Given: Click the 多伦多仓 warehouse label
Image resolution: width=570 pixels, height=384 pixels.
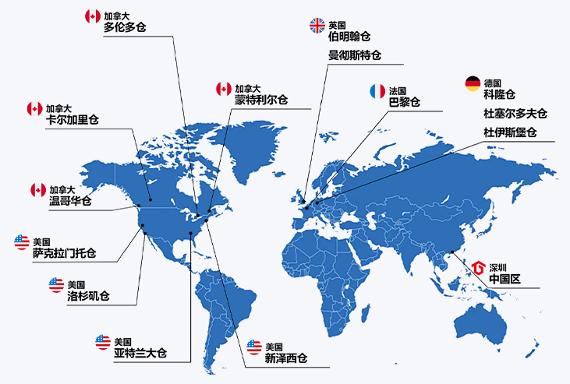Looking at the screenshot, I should [x=125, y=28].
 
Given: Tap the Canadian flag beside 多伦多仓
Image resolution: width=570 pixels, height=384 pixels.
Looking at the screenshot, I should [x=93, y=16].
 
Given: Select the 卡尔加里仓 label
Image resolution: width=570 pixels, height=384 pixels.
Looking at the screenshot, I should [x=73, y=120].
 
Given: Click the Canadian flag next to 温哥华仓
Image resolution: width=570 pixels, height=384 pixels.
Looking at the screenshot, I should [x=38, y=189].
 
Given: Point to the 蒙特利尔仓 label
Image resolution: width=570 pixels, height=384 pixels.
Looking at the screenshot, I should [x=260, y=100].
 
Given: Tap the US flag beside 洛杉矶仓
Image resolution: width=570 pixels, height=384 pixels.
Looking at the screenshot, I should [x=56, y=284].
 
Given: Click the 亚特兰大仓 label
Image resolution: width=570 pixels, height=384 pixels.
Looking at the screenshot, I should [x=140, y=354].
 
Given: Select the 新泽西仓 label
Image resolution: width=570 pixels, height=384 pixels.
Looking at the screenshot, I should [x=285, y=359].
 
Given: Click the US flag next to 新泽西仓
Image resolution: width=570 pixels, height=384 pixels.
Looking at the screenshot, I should [x=253, y=347].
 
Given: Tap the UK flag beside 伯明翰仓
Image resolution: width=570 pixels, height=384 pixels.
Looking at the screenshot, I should [x=317, y=25].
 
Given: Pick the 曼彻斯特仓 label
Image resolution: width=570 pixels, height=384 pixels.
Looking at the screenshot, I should [x=355, y=55].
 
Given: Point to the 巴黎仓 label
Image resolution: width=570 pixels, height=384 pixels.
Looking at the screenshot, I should [x=405, y=102].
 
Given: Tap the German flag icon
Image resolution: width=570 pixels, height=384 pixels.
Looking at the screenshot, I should [x=473, y=83].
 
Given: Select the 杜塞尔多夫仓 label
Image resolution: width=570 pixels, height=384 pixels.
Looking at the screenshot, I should [x=515, y=114].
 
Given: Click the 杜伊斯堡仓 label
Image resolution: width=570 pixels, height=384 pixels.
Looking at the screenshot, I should [x=510, y=132].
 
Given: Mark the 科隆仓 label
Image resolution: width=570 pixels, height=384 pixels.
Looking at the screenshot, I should [x=499, y=95].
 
